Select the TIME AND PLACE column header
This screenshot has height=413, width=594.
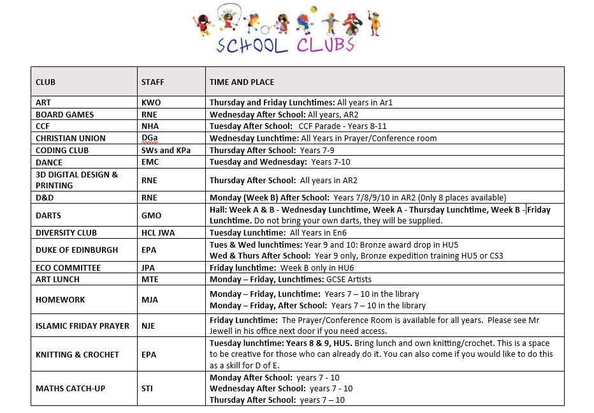242,82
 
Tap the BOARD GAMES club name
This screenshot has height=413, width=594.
64,114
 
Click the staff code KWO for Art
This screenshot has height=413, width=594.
150,102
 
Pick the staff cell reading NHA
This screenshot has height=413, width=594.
150,126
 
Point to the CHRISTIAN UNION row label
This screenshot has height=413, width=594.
70,139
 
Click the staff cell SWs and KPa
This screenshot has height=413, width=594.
166,151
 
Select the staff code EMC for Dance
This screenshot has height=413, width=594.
150,163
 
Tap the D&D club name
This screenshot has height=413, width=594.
44,198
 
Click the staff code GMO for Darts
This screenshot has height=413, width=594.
151,216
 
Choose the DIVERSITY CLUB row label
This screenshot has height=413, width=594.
66,233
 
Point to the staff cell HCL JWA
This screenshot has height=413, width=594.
158,233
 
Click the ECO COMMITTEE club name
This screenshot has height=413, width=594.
68,268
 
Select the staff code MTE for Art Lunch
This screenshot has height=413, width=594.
149,280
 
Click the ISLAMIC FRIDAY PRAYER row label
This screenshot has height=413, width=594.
82,326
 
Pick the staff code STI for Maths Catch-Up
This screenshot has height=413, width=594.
147,388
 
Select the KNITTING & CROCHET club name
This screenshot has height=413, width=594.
77,354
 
